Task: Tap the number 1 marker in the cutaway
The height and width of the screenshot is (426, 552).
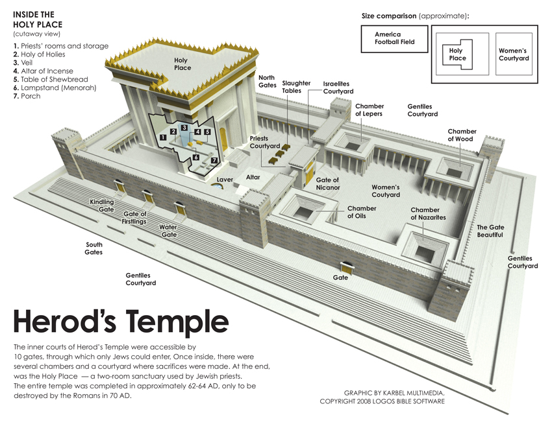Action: (x=162, y=138)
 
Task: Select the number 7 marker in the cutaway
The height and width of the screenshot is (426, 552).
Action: (x=214, y=160)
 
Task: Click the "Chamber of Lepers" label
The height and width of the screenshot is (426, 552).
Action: (x=369, y=110)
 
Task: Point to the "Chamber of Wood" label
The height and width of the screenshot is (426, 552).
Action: (x=462, y=135)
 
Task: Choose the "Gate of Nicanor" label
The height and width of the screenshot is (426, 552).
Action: (x=327, y=183)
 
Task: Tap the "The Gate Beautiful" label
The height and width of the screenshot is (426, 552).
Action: (x=490, y=231)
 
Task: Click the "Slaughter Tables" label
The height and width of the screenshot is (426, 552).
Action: (x=295, y=87)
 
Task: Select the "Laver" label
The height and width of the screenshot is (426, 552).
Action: (x=225, y=180)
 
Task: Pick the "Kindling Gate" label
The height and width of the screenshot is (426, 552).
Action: (x=102, y=206)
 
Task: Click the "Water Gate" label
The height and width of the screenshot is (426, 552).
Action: (x=168, y=231)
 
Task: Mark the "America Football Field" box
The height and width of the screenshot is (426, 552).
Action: (x=394, y=38)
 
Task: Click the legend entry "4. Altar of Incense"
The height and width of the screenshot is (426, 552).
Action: (x=43, y=71)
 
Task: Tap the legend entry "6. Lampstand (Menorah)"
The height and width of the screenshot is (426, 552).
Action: (x=55, y=88)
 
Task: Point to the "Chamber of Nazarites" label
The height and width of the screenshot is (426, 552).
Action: (x=428, y=214)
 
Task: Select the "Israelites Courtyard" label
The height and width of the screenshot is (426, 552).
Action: (x=338, y=88)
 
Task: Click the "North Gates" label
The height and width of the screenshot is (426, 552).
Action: (x=267, y=81)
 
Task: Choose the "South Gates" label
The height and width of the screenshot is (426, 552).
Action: (x=94, y=248)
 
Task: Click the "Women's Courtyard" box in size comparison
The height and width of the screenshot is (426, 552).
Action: (x=514, y=54)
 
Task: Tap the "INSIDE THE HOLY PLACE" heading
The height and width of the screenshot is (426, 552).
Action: (x=34, y=19)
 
